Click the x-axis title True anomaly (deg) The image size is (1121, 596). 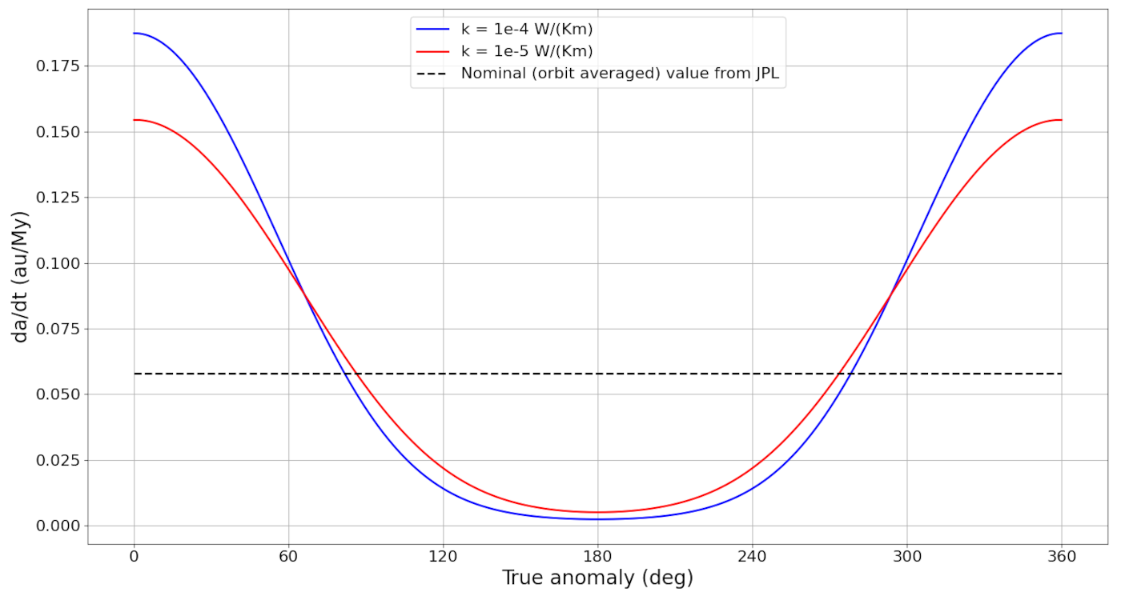pyautogui.click(x=597, y=578)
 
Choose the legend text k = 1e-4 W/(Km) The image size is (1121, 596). pyautogui.click(x=527, y=30)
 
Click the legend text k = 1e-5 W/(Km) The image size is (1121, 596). pyautogui.click(x=527, y=51)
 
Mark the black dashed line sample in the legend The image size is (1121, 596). pyautogui.click(x=433, y=74)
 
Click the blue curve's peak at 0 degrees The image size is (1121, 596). pyautogui.click(x=135, y=34)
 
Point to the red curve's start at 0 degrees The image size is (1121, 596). pyautogui.click(x=135, y=120)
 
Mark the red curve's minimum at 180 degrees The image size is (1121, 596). pyautogui.click(x=597, y=512)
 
